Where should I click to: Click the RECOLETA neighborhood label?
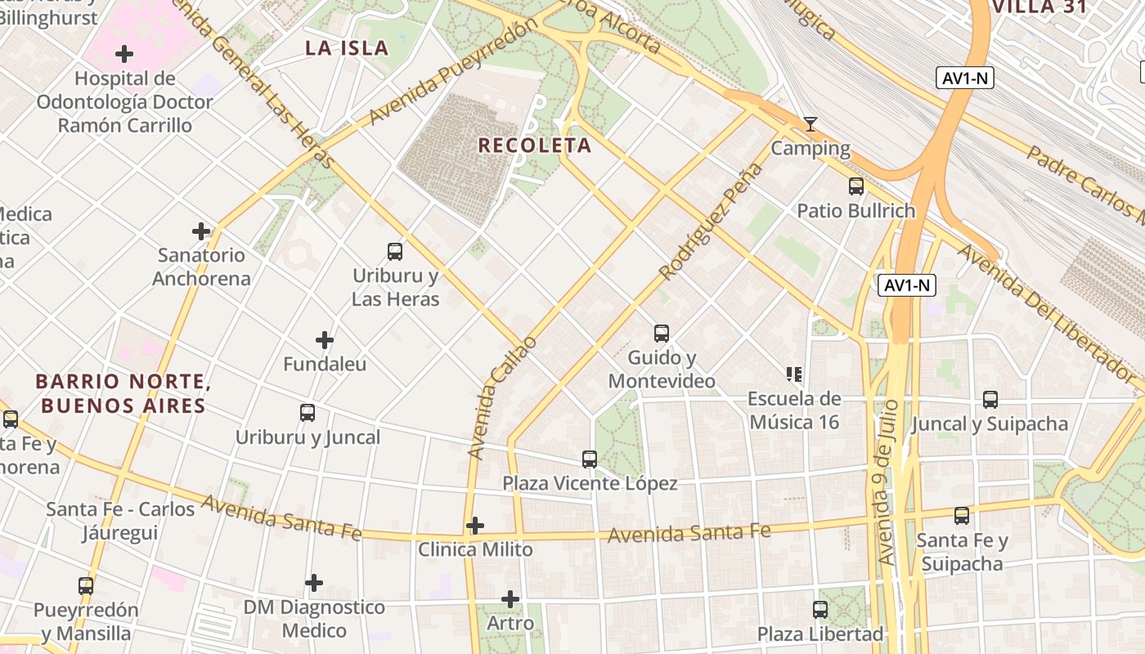click(x=534, y=146)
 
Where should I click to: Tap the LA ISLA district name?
click(x=347, y=48)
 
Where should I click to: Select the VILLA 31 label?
click(x=1039, y=7)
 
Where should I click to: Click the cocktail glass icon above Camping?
click(x=810, y=124)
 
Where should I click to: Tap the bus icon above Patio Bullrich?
click(x=856, y=186)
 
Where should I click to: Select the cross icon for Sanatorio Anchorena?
click(x=201, y=231)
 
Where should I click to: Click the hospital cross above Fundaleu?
click(x=325, y=339)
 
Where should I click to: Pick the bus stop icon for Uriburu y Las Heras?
click(x=395, y=252)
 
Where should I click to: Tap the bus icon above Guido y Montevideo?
click(x=662, y=334)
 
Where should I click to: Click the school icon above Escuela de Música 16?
click(x=794, y=374)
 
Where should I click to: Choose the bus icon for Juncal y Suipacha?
click(x=990, y=400)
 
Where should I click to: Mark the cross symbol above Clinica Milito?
click(x=475, y=525)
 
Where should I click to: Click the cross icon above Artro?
click(x=510, y=599)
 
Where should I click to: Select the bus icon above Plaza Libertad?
click(x=820, y=610)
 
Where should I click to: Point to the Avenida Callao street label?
click(x=502, y=396)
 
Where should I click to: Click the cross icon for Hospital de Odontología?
click(x=124, y=55)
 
